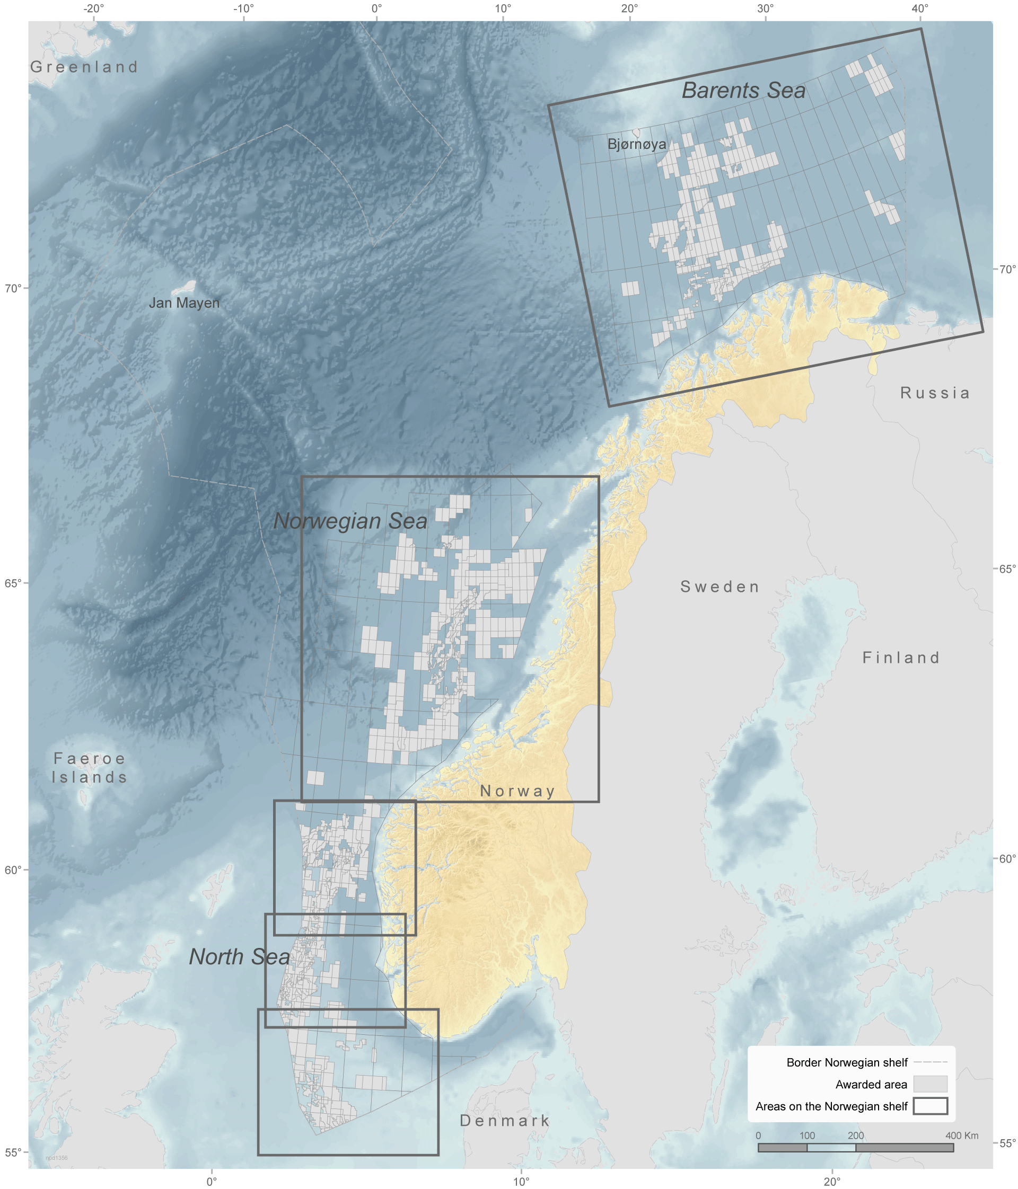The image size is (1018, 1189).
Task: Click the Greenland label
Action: pos(84,67)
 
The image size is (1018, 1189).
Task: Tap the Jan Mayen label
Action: pos(184,303)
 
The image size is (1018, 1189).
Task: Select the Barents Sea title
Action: pos(743,91)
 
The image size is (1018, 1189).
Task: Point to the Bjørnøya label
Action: pos(636,144)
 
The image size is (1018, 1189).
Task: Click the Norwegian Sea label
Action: pos(350,521)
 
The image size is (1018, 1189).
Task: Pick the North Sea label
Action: pos(240,956)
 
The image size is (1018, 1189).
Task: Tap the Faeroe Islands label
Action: pos(89,768)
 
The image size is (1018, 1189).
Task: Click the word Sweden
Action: pos(719,587)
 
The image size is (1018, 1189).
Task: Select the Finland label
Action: pos(900,658)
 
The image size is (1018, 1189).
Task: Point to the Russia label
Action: pos(934,393)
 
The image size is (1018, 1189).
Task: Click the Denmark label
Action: pos(504,1121)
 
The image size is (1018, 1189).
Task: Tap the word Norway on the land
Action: pos(517,791)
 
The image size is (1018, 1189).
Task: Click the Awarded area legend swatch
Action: pos(929,1085)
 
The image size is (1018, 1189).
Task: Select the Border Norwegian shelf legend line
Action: pos(929,1063)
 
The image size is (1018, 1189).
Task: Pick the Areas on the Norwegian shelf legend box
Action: pos(929,1106)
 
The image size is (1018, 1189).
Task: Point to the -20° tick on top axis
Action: pos(94,8)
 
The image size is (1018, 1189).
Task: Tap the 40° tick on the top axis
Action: pos(920,8)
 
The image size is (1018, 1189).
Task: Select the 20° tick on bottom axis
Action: pos(831,1182)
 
